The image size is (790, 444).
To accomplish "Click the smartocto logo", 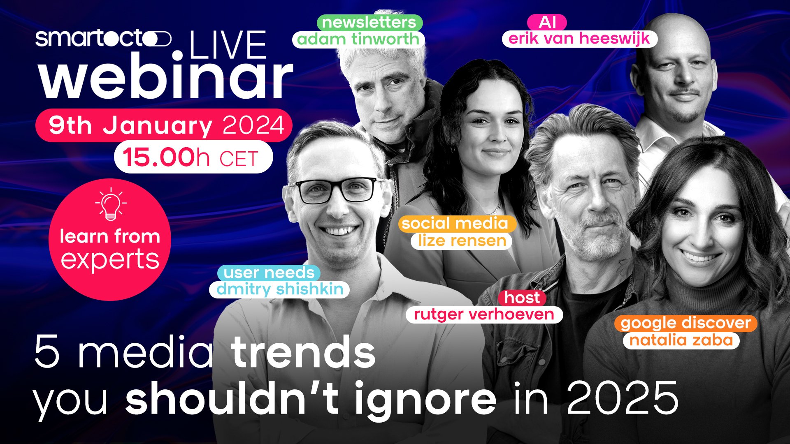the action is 103,39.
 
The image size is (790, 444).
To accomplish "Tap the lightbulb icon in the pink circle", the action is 111,203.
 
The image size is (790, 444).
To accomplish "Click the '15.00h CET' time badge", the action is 193,157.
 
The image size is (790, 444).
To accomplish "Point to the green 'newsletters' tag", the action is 369,22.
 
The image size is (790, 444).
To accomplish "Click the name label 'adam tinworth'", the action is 358,39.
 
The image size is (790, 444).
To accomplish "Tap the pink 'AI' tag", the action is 547,22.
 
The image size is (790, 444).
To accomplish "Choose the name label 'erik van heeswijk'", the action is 579,39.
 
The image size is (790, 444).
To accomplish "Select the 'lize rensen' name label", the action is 461,241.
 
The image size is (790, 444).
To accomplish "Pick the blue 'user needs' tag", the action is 269,273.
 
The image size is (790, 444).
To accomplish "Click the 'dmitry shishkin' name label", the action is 279,289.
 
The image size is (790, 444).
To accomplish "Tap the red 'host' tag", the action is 522,298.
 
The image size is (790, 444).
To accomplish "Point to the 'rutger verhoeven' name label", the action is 484,314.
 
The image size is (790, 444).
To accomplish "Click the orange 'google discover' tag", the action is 686,323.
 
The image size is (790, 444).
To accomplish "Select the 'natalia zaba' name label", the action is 681,340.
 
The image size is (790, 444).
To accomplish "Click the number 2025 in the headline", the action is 623,397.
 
